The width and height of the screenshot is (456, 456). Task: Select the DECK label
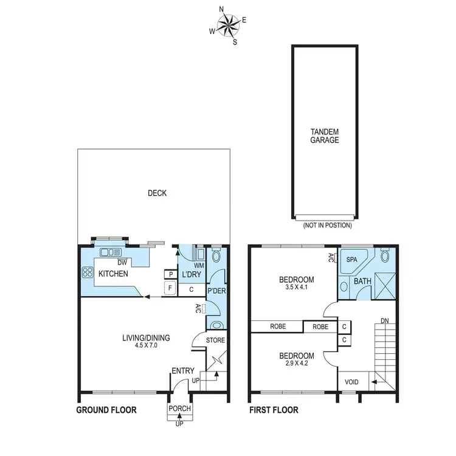(157, 193)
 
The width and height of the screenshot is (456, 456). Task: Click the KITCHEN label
(113, 274)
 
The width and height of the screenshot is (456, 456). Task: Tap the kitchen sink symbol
(110, 252)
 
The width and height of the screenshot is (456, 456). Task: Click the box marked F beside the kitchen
(170, 288)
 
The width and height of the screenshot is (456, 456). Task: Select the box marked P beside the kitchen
(170, 275)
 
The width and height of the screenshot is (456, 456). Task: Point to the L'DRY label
(188, 275)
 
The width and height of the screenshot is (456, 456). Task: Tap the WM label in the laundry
(198, 265)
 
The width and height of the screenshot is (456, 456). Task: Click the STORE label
(215, 340)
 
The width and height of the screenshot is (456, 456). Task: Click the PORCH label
(180, 409)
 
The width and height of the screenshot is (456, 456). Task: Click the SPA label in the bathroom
(352, 259)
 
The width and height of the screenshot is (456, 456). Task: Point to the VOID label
(351, 382)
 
